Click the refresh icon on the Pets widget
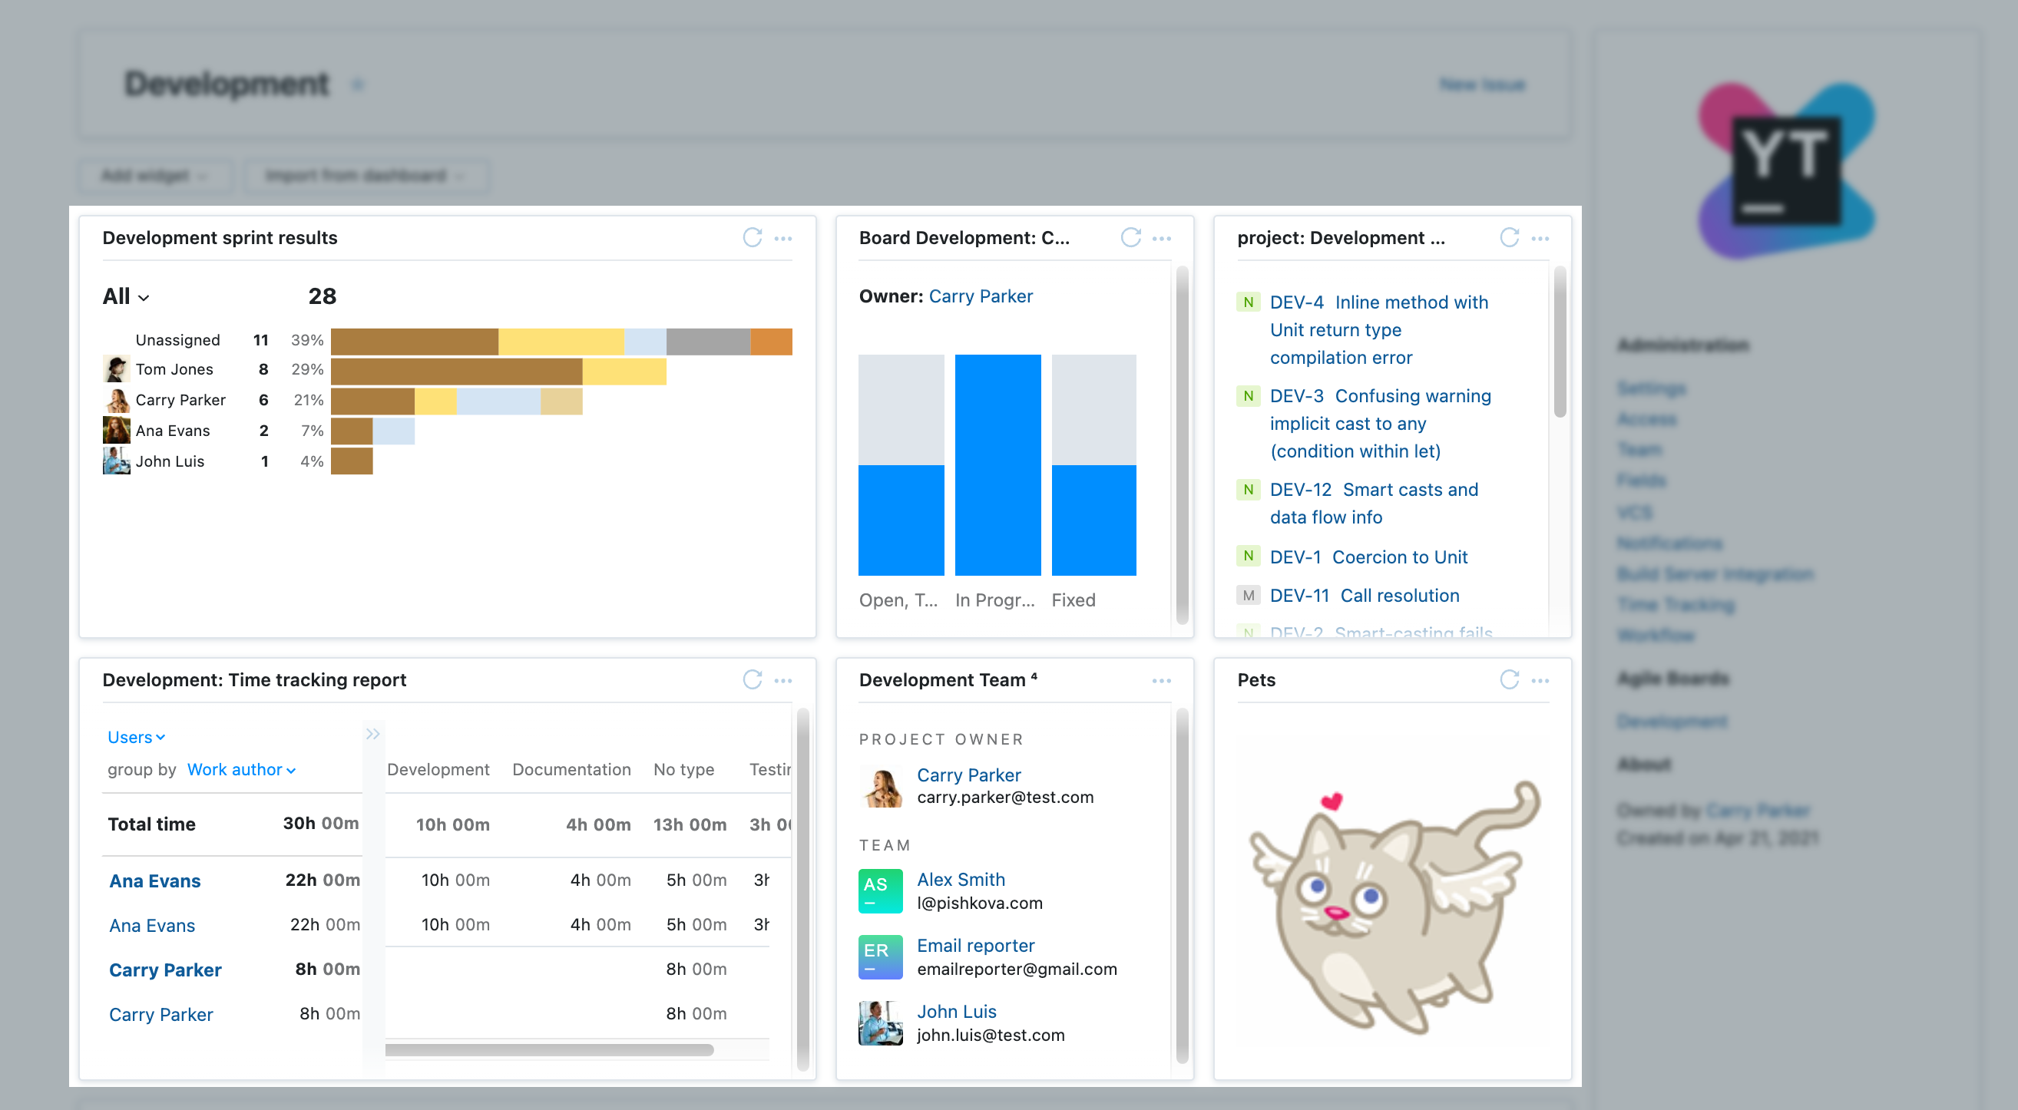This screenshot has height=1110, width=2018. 1509,679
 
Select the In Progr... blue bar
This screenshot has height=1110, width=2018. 997,464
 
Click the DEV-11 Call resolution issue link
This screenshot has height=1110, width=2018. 1364,596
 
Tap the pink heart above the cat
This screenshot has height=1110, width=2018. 1331,801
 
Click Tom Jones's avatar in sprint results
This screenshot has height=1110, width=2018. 116,369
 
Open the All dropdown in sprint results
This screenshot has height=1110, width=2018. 125,296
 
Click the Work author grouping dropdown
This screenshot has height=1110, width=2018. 240,769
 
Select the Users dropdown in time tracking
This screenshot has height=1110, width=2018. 135,737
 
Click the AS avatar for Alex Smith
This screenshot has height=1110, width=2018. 880,890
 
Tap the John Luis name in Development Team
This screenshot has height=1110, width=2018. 956,1011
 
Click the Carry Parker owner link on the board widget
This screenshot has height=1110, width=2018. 980,296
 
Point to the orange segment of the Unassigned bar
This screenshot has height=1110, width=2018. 771,342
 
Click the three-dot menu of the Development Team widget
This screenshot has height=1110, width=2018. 1161,680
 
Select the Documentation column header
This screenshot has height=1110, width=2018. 571,769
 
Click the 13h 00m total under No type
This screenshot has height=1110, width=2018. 690,824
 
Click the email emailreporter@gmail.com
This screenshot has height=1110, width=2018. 1016,969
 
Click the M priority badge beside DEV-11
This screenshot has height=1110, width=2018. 1248,596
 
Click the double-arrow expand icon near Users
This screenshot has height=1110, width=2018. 373,734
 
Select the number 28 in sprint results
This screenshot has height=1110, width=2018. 322,296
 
